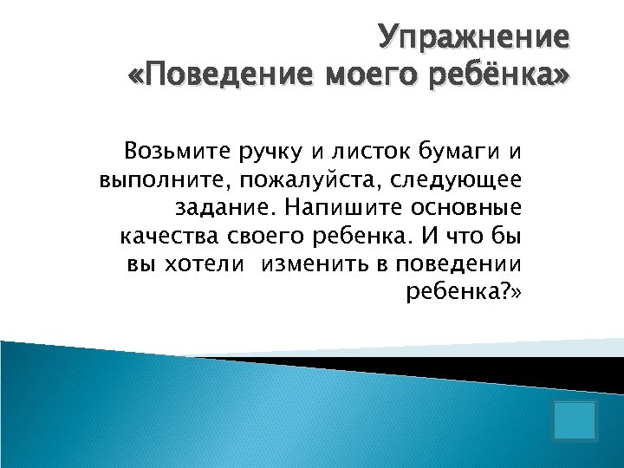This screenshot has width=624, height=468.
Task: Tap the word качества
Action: click(x=169, y=236)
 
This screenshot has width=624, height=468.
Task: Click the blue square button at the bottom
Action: click(x=575, y=419)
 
